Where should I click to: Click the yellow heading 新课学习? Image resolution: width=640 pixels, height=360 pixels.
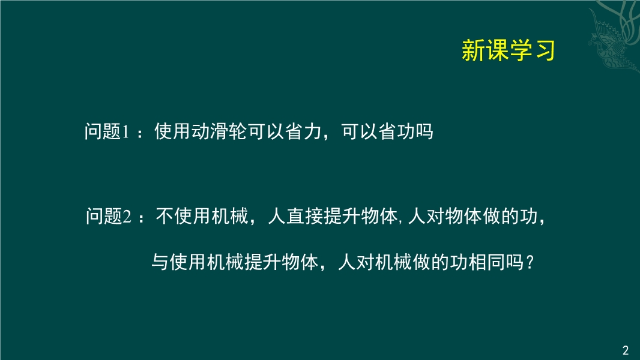[x=508, y=50]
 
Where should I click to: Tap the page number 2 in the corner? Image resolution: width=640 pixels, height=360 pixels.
[x=626, y=350]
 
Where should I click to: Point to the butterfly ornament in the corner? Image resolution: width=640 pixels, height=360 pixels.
[x=614, y=37]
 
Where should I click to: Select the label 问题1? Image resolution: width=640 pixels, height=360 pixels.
[x=107, y=131]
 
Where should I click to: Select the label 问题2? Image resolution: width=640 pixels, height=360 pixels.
[x=109, y=216]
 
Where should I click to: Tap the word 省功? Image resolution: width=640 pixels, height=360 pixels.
[x=396, y=131]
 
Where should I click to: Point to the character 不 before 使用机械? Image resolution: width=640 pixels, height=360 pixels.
[x=165, y=216]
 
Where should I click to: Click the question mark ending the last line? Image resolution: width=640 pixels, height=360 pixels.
[x=530, y=262]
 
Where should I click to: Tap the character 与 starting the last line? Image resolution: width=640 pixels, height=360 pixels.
[x=160, y=262]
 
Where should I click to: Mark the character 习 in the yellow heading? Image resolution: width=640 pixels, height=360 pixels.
[x=545, y=50]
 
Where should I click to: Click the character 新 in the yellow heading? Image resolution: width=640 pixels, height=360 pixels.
[x=472, y=50]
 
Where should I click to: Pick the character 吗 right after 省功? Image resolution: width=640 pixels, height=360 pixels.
[x=424, y=131]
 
